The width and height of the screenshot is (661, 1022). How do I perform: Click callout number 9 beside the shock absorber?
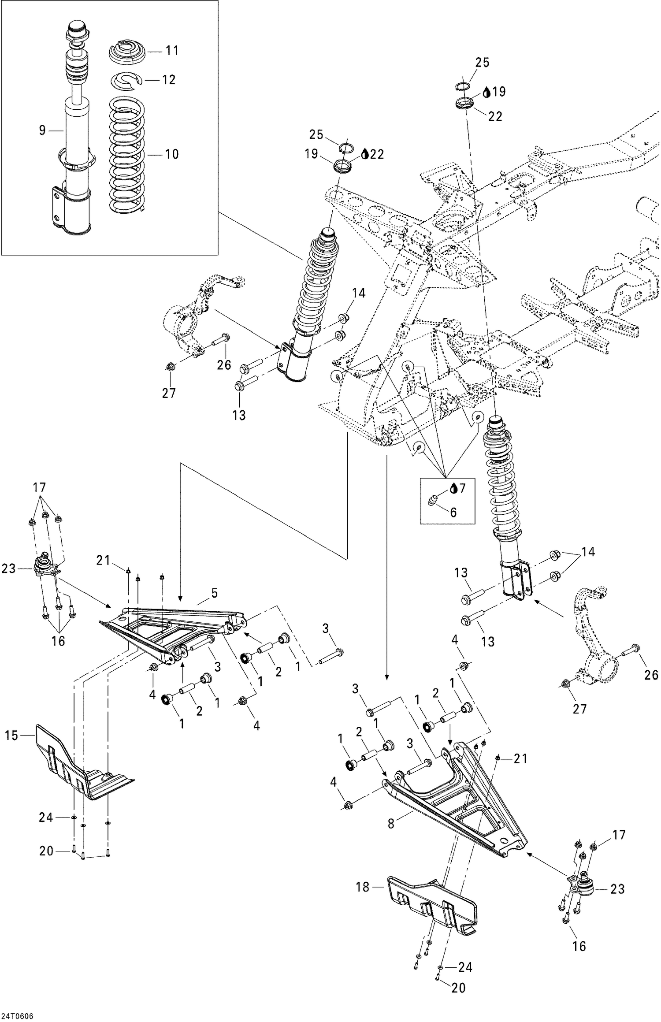coord(42,130)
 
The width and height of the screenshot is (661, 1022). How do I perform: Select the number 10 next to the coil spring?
coord(171,154)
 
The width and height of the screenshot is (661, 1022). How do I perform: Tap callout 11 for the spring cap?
coord(172,51)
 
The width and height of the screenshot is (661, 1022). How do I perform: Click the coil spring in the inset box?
coord(127,154)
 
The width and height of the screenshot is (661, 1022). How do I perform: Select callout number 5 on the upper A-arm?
coord(214,593)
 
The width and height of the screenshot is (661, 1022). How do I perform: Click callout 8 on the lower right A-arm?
coord(390,823)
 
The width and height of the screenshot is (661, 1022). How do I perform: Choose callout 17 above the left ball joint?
coord(40,488)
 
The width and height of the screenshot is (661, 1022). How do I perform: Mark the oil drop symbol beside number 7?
coord(453,488)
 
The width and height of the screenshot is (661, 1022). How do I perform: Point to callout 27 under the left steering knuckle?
coord(169,393)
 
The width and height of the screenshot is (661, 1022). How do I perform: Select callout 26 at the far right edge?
coord(651,675)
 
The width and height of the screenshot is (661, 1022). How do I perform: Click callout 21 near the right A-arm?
coord(520,758)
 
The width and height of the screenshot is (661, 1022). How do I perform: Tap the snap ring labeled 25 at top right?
coord(461,87)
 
